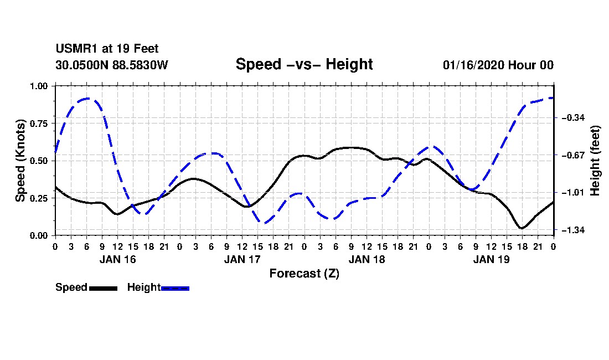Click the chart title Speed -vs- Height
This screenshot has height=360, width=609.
(304, 64)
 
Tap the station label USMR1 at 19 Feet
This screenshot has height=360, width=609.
(107, 49)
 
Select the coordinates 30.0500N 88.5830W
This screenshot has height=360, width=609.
(111, 65)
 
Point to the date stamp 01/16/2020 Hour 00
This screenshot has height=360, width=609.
(498, 65)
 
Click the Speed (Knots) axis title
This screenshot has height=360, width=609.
(20, 161)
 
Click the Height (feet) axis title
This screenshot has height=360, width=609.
(595, 161)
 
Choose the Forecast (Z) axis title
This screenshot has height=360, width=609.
(304, 273)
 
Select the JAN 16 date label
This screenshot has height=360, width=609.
(117, 259)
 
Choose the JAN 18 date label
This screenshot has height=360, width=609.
(367, 259)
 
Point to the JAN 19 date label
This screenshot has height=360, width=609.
(491, 259)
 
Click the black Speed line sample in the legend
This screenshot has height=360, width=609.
(103, 288)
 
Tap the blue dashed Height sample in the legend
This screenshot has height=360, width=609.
(175, 288)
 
